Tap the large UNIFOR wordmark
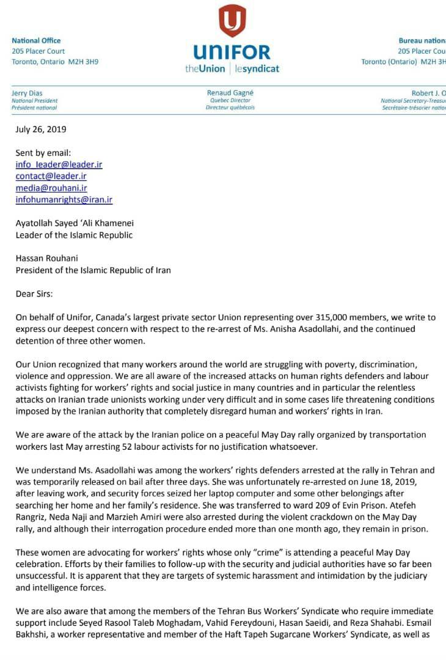point(232,52)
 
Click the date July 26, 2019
point(40,130)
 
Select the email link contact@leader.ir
point(51,176)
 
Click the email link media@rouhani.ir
point(51,188)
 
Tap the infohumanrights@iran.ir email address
point(64,199)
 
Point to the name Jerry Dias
point(28,93)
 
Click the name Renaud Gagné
point(230,93)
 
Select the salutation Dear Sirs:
point(34,293)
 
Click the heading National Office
point(36,40)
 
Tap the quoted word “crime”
point(246,552)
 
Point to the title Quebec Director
point(230,100)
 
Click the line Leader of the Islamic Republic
point(74,235)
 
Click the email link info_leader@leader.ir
point(59,164)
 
